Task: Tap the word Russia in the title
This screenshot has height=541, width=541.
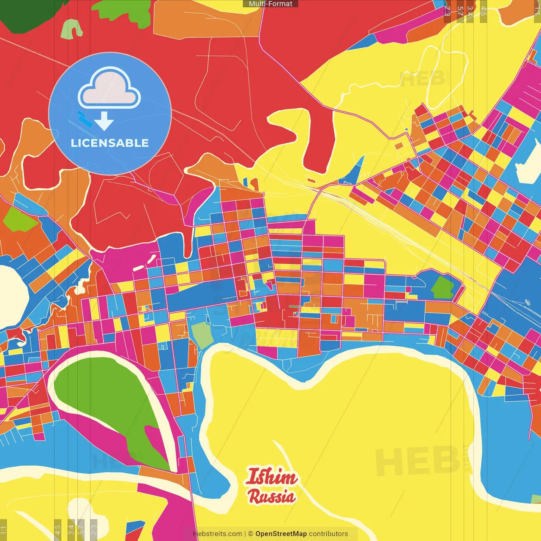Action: pos(271,497)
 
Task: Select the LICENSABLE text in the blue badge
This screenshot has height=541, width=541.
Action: pos(110,143)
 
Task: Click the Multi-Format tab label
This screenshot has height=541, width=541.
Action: pos(270,4)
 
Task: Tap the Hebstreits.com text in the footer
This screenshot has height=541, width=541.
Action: pos(217,534)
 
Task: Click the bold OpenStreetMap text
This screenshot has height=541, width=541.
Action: pos(281,534)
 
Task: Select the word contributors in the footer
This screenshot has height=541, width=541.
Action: pos(328,534)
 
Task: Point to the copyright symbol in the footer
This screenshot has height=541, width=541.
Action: pos(251,534)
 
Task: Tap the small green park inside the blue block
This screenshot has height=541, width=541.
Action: pos(442,287)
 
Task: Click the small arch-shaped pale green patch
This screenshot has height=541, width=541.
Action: pos(71,29)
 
